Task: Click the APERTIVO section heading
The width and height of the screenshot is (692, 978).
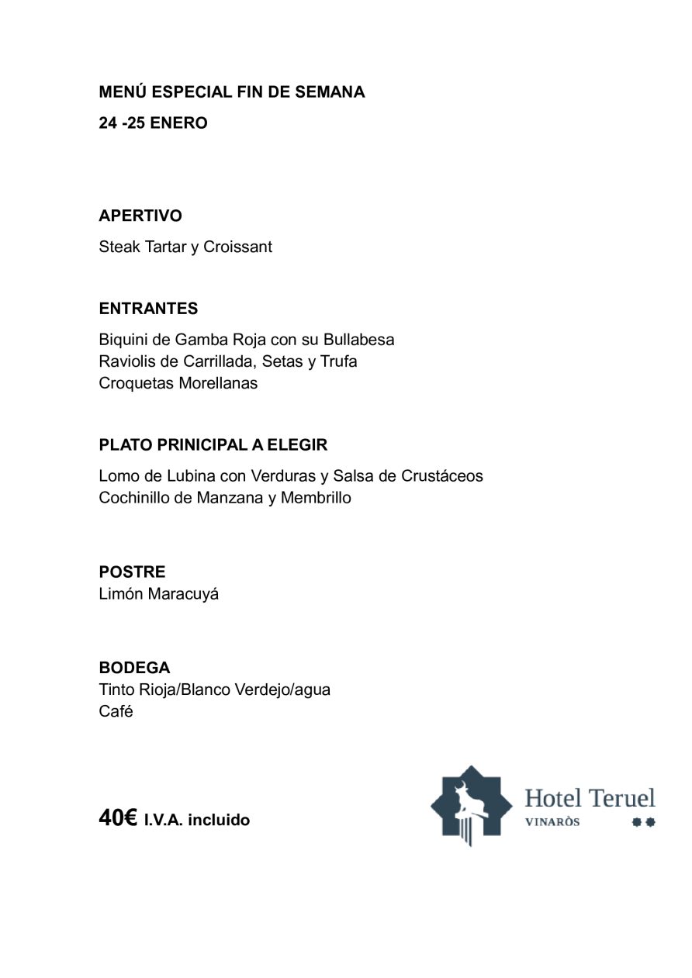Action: pyautogui.click(x=140, y=216)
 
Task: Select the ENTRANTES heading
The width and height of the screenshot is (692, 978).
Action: pyautogui.click(x=148, y=309)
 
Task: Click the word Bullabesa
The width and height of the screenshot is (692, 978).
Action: pyautogui.click(x=358, y=340)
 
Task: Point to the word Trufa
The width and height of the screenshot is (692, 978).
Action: pyautogui.click(x=338, y=361)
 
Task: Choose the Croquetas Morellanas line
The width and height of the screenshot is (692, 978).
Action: pyautogui.click(x=178, y=383)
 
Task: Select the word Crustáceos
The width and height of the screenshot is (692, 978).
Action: pyautogui.click(x=442, y=476)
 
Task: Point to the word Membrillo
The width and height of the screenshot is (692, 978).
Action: pyautogui.click(x=316, y=498)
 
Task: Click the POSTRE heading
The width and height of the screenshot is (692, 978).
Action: pyautogui.click(x=132, y=572)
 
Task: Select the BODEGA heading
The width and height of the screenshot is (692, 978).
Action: pyautogui.click(x=134, y=668)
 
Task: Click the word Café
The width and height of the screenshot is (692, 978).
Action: pyautogui.click(x=116, y=711)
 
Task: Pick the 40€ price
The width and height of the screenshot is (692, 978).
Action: pyautogui.click(x=118, y=818)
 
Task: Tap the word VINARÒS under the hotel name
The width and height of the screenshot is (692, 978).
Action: pyautogui.click(x=552, y=822)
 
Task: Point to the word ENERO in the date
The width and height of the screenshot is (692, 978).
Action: pyautogui.click(x=178, y=123)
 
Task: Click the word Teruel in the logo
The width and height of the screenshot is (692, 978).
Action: pyautogui.click(x=621, y=798)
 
